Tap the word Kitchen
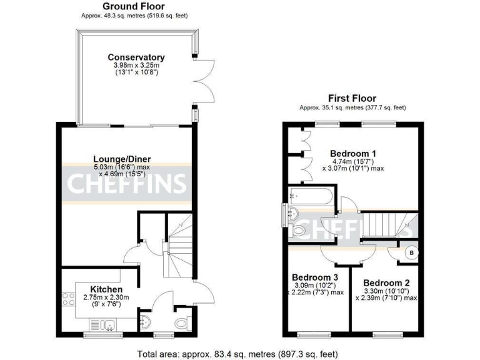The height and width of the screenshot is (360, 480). [x=106, y=289]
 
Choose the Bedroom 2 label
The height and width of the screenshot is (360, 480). [x=386, y=282]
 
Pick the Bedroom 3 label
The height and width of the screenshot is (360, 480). [x=315, y=277]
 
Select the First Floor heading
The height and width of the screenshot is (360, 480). [x=352, y=98]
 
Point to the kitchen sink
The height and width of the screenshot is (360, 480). [x=104, y=324]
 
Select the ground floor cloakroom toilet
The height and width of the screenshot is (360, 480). [x=182, y=324]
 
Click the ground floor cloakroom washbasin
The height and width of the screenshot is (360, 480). [x=145, y=322]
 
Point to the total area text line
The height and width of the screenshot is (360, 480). [x=240, y=354]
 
